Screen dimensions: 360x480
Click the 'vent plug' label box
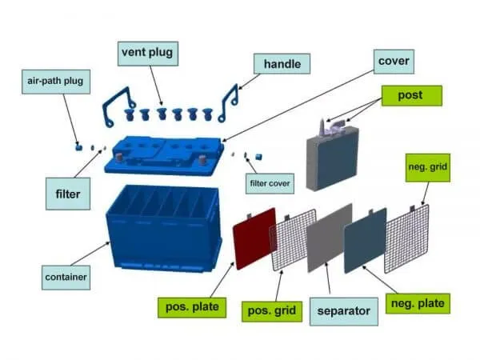coord(146,54)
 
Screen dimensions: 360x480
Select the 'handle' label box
coord(282,62)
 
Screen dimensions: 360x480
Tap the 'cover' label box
coord(392,60)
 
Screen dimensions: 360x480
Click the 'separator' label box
coord(343,309)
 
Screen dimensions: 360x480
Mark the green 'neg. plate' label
coord(416,303)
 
